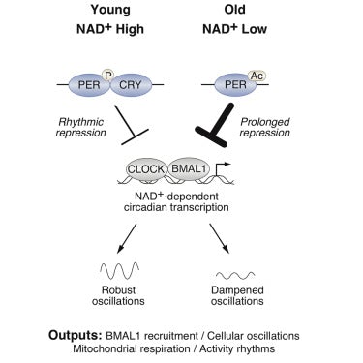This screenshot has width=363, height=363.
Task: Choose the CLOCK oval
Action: pyautogui.click(x=150, y=171)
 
